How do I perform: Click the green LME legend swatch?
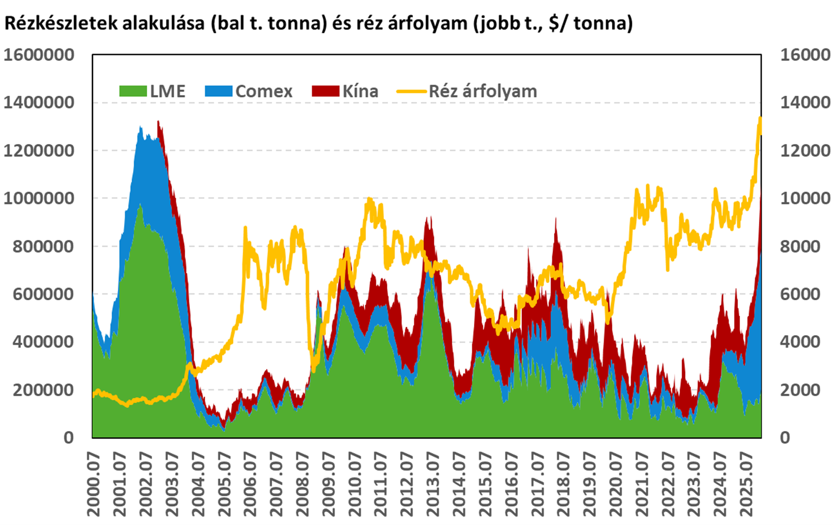133,91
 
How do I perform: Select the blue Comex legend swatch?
219,91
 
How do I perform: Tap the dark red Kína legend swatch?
326,91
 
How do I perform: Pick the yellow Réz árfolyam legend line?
411,91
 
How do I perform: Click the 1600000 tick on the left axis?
39,55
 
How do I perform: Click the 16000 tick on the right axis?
805,55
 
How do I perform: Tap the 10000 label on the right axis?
805,198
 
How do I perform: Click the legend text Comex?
264,91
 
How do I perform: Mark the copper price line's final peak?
760,118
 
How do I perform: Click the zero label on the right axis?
785,438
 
